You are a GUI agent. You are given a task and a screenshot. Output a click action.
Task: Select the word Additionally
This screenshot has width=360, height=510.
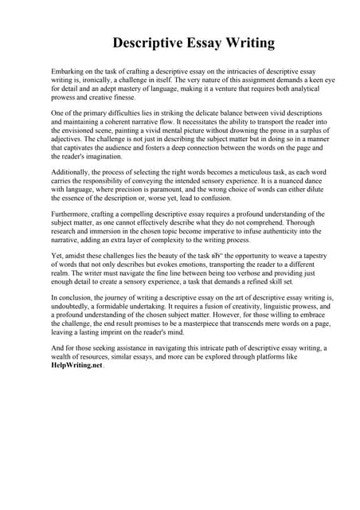(x=72, y=194)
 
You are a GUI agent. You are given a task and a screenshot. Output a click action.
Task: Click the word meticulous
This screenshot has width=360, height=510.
(x=233, y=194)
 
